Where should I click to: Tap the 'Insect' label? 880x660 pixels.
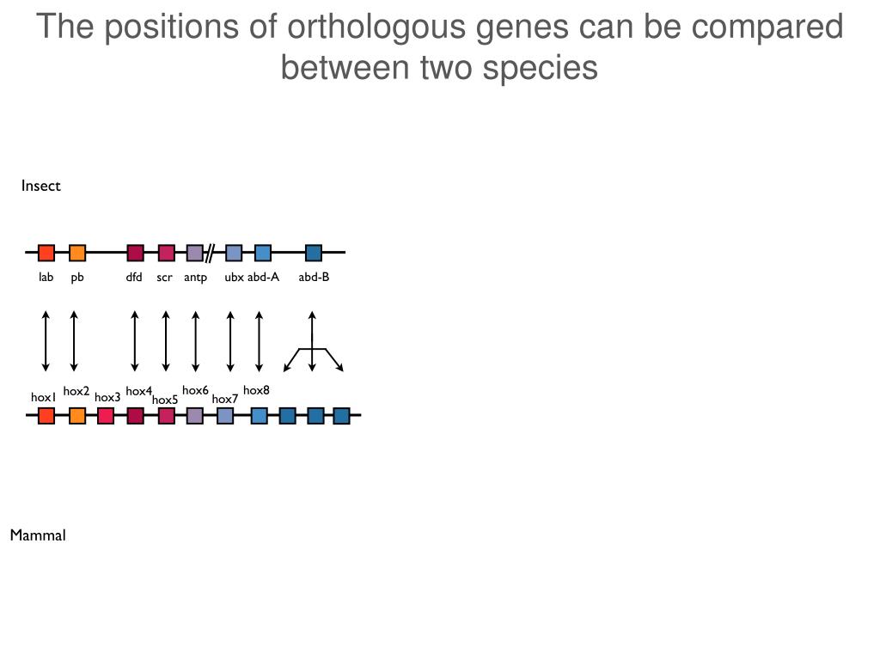click(40, 186)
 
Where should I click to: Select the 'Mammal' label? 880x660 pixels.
click(38, 535)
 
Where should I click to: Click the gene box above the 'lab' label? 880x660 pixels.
click(46, 253)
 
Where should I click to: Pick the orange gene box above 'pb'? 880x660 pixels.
click(77, 253)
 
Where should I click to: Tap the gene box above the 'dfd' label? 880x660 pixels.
click(135, 253)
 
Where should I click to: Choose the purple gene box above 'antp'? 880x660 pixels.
click(195, 253)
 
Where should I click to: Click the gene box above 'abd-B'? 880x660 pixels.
click(314, 253)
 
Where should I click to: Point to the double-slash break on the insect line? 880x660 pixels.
click(210, 253)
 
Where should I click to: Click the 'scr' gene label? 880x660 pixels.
click(164, 277)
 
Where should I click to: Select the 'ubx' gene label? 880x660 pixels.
click(234, 277)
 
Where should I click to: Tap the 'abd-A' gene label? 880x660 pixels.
click(264, 277)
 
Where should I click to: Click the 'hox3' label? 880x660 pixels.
click(107, 397)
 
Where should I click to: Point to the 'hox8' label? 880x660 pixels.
click(256, 390)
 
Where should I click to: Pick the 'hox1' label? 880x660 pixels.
click(43, 398)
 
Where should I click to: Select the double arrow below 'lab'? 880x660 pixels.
click(46, 341)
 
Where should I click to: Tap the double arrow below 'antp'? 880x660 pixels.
click(196, 341)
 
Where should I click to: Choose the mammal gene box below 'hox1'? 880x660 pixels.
click(46, 416)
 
